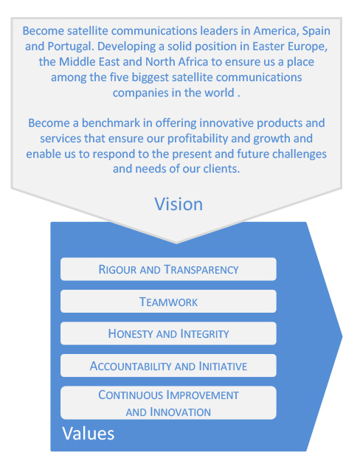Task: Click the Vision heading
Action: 179,204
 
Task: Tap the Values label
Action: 89,434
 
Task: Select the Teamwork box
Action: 168,302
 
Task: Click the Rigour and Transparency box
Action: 168,269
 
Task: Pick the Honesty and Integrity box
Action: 168,333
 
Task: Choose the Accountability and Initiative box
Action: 168,366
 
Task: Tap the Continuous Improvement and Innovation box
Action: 168,403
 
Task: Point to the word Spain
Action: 316,32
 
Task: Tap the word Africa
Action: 193,62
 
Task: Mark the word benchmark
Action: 111,123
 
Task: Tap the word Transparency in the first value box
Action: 201,270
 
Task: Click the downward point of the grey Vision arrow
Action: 176,243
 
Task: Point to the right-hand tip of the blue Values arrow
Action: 342,336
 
